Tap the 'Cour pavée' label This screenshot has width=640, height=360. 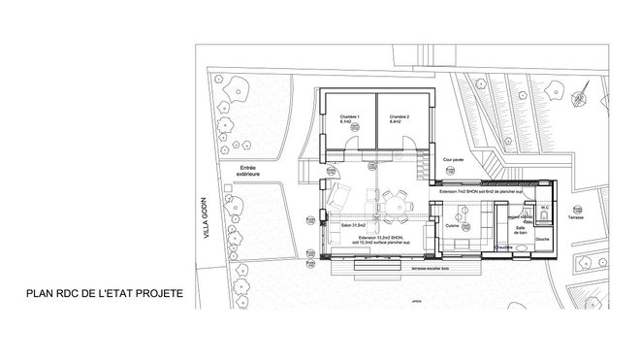click(x=454, y=159)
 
